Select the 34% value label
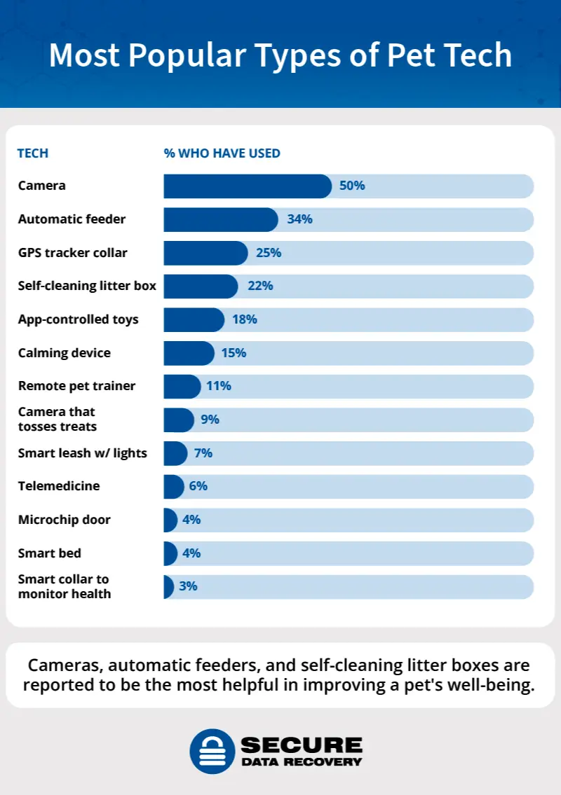pos(299,219)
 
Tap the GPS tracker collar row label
pos(72,252)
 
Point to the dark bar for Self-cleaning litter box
pos(201,286)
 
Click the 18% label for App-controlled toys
pos(245,319)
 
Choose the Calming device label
pos(64,352)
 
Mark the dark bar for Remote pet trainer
pos(182,386)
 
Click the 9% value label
pos(210,420)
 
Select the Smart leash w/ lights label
pos(82,452)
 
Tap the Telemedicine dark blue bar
pos(173,486)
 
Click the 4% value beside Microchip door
pos(191,520)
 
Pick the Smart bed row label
pos(49,553)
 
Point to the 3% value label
pos(188,586)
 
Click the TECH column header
pos(33,153)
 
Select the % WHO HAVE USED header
pos(222,153)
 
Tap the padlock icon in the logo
pos(212,751)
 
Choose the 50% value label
pos(352,186)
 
